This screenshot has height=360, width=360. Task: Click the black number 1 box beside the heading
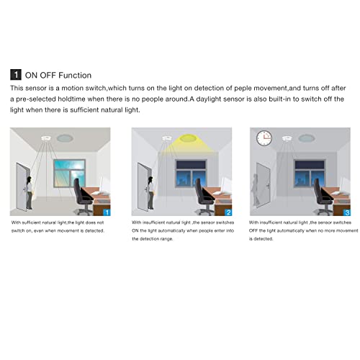[15, 74]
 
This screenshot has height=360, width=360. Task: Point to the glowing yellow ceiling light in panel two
[191, 138]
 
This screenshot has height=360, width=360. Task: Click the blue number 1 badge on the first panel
[107, 212]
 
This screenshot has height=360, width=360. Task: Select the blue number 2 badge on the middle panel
[228, 212]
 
